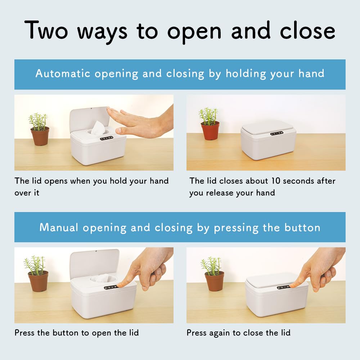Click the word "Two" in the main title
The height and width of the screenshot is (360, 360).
(x=46, y=30)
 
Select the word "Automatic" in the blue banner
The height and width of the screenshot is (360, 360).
(x=63, y=73)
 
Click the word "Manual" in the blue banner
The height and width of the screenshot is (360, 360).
(x=59, y=227)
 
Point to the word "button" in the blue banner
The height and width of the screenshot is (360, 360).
(x=302, y=227)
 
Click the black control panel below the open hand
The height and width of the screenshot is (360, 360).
(x=107, y=138)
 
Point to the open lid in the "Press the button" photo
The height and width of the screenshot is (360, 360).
(x=95, y=264)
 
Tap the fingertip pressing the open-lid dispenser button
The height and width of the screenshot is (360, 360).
(x=120, y=285)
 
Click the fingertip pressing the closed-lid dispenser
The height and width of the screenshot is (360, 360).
(x=292, y=285)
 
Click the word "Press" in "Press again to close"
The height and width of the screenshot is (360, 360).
(x=196, y=333)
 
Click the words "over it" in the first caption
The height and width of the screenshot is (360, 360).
(x=27, y=193)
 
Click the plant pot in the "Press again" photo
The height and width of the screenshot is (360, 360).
(x=214, y=281)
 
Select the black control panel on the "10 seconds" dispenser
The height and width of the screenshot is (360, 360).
(x=276, y=134)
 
